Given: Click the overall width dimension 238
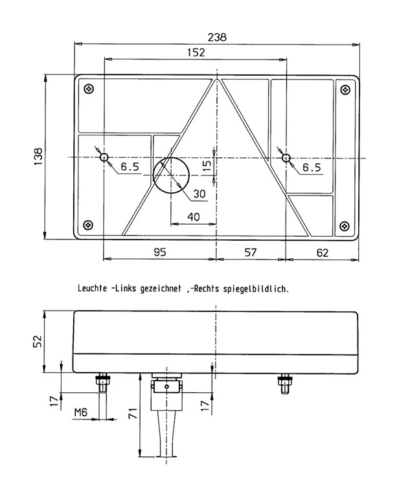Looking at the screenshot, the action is coord(217,38).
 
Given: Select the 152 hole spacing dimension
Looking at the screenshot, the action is coord(196,52).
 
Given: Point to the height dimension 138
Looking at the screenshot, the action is coord(38,156).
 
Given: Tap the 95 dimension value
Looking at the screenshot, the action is coord(160,252).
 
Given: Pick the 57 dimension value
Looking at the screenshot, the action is coord(250,252).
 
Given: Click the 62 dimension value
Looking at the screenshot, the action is coord(323,252).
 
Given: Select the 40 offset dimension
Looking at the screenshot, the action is coord(194,217).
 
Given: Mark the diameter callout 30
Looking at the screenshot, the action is coord(199,193).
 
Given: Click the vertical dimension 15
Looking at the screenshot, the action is coord(207,166).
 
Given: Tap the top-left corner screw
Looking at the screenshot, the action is coord(89,89).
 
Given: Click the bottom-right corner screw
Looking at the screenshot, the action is coord(345,226).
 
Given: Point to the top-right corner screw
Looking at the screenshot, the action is coord(345,90).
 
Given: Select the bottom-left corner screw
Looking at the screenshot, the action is coord(88,225).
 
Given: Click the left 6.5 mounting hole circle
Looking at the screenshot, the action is coord(104,157).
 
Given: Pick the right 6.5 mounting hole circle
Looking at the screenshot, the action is coord(286,157).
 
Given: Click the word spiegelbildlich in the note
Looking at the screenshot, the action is coord(256,289).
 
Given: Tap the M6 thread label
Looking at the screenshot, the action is coord(80,412).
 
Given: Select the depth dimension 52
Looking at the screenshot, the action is coord(38,341).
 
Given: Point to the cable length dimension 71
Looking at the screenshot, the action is coord(133,414).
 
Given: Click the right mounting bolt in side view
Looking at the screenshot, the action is coord(285,384).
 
